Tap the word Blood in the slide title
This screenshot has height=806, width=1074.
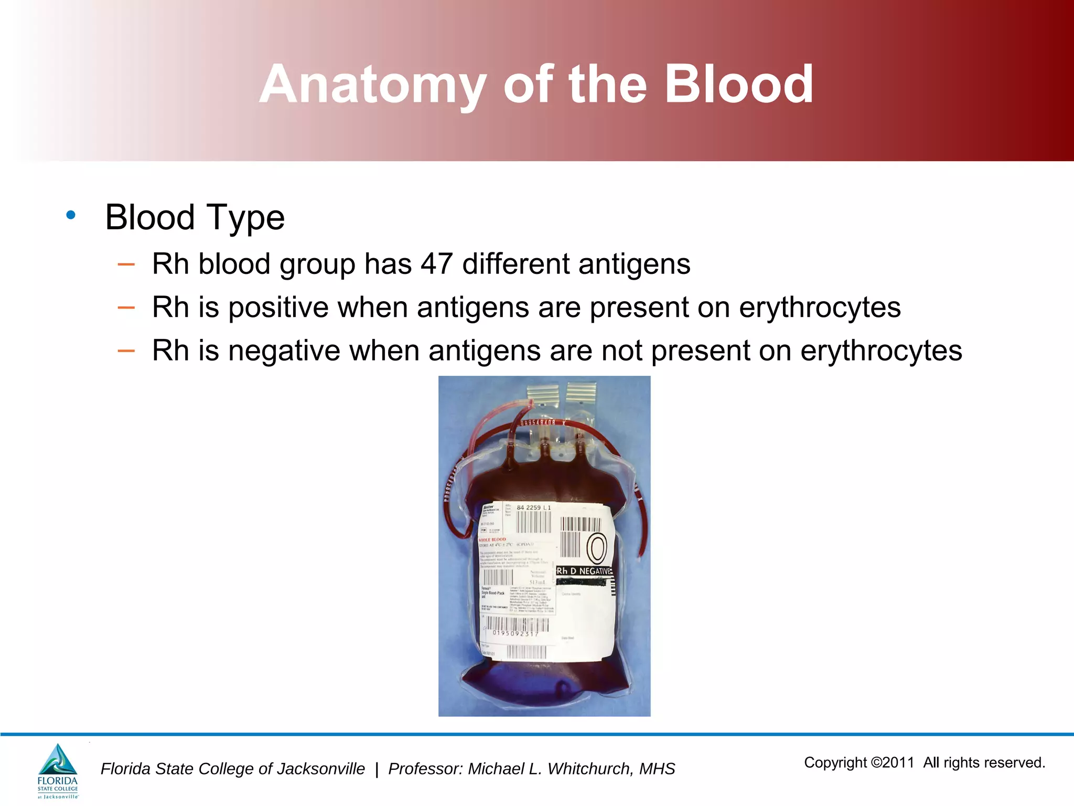[x=739, y=84]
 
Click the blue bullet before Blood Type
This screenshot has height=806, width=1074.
[x=71, y=215]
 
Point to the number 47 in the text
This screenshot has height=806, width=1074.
[x=436, y=263]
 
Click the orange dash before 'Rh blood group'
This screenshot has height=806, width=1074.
[x=126, y=264]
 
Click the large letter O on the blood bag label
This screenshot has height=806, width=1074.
[x=596, y=548]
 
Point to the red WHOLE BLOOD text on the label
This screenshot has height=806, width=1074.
[x=492, y=539]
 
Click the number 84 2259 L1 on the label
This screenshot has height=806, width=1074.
[x=533, y=507]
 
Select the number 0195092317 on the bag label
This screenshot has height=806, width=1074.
[x=515, y=633]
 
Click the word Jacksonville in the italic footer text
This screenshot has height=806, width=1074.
[x=320, y=769]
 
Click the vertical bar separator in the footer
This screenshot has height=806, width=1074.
[x=377, y=769]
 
